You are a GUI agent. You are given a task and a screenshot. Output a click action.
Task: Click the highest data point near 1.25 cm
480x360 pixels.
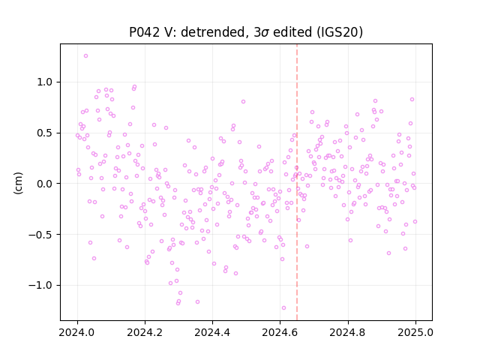pos(85,56)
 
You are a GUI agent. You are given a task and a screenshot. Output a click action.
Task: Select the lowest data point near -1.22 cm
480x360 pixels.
pos(283,308)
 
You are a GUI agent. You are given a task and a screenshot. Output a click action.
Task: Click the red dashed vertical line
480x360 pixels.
pos(297,182)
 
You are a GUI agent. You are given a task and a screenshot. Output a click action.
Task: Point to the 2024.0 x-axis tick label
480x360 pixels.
pos(77,332)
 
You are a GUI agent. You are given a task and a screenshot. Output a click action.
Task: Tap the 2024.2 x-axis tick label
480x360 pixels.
pos(145,332)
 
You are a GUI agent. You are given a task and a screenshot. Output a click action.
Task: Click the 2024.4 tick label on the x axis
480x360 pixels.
pos(212,332)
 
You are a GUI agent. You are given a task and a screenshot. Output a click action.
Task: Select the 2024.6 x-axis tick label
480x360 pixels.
pos(280,332)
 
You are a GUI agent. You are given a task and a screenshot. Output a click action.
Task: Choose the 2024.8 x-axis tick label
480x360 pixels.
pos(347,332)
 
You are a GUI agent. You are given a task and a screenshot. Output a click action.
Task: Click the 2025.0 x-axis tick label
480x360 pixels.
pos(415,332)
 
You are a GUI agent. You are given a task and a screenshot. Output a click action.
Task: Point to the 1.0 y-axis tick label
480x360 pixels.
pos(45,82)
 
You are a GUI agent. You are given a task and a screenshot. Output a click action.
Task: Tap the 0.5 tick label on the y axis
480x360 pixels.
pos(45,133)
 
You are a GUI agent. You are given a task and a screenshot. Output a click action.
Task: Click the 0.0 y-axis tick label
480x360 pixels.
pos(45,184)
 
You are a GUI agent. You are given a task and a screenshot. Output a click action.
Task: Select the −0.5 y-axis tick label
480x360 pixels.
pos(40,235)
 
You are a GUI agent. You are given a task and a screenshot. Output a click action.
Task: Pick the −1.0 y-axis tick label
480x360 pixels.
pos(40,286)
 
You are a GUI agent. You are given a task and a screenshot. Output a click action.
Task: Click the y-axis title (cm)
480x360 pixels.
pos(18,183)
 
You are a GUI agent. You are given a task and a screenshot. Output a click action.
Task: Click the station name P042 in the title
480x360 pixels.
pos(144,32)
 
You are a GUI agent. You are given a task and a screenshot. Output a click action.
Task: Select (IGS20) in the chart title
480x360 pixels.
pos(340,32)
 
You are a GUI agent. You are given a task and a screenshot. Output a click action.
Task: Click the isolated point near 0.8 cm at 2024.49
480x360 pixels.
pos(243,102)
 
